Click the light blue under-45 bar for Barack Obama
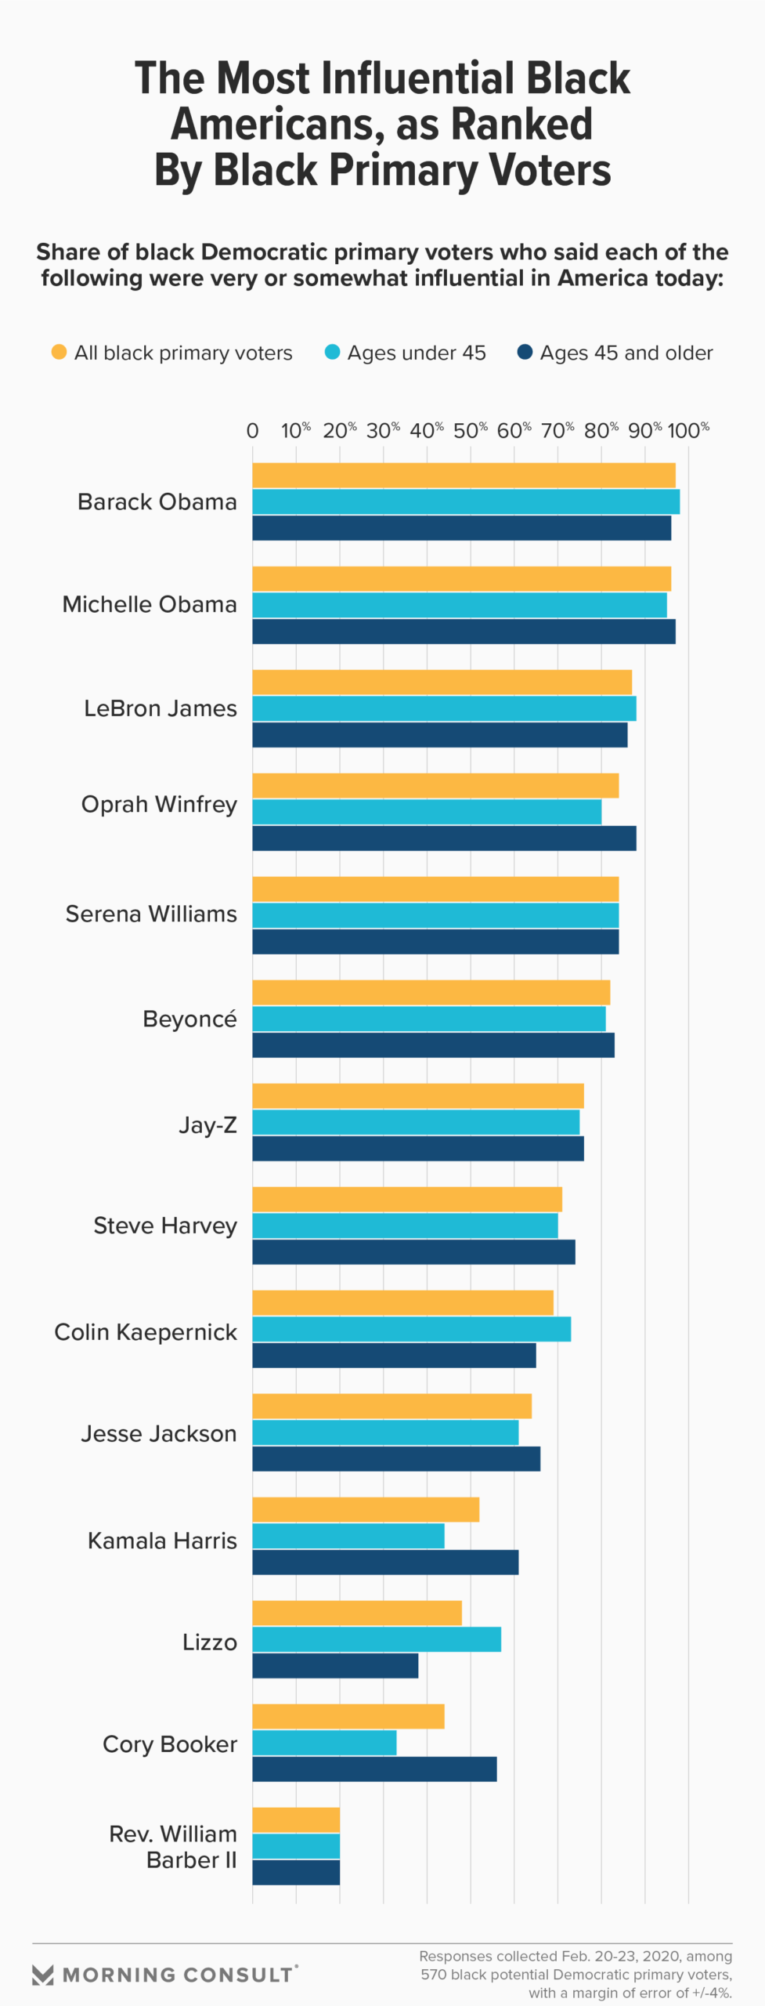click(466, 501)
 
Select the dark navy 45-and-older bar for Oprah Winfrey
click(444, 838)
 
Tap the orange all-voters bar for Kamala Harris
click(366, 1509)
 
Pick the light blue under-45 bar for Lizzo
click(377, 1639)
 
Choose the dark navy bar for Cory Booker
click(374, 1769)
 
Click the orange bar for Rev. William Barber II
click(296, 1820)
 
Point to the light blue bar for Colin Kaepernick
click(411, 1329)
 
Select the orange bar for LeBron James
click(442, 683)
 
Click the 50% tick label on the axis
click(470, 430)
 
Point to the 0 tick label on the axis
click(252, 430)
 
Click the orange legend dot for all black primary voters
click(59, 353)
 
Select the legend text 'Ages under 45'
click(417, 353)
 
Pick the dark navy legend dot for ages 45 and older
click(525, 353)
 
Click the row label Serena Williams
click(151, 914)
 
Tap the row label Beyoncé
click(189, 1019)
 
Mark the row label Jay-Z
click(207, 1125)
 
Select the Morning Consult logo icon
click(43, 1975)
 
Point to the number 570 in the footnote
click(434, 1975)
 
